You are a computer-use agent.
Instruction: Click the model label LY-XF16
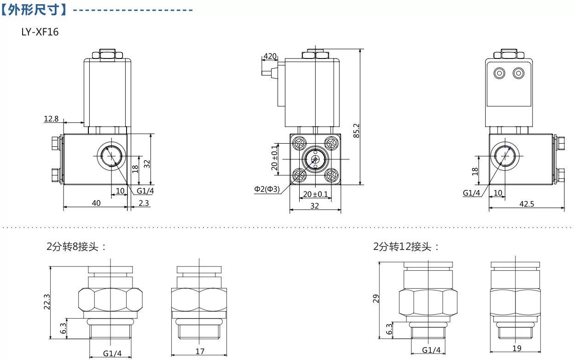40,32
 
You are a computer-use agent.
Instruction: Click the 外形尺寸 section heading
34,10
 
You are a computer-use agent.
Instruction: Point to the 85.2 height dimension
356,131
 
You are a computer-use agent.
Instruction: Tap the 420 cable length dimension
270,56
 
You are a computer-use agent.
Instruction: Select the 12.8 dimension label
51,119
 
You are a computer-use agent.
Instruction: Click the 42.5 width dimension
527,204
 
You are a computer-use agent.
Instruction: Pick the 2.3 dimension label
144,203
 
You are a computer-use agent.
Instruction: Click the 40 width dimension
96,203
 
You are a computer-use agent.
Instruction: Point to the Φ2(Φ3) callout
267,189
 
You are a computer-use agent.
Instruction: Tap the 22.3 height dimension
47,302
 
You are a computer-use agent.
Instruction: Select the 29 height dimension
376,298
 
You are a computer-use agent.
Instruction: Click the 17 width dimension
200,351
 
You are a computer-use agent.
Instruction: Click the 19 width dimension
517,348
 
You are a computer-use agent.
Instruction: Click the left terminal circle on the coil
499,73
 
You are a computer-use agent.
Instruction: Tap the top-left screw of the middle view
299,143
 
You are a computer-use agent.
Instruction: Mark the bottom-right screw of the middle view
331,175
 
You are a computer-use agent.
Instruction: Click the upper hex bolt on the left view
55,143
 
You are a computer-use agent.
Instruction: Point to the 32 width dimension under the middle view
315,206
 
